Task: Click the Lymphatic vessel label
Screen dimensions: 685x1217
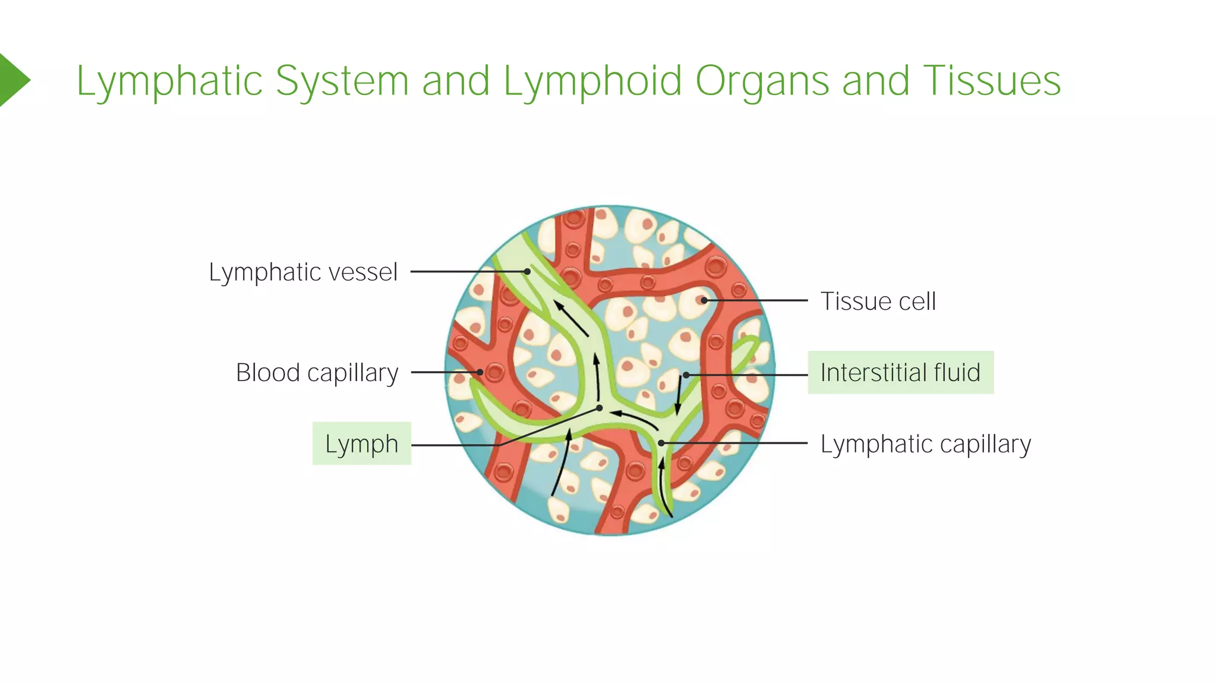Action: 302,272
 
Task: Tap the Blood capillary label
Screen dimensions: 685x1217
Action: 317,373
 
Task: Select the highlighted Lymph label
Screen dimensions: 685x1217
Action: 361,444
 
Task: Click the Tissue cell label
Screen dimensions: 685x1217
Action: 878,301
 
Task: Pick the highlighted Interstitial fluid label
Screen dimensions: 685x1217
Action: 900,373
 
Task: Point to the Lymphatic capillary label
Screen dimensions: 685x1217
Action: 925,444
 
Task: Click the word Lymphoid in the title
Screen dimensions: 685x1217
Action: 592,81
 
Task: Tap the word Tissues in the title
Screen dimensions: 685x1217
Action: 991,81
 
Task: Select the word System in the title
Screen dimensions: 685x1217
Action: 342,81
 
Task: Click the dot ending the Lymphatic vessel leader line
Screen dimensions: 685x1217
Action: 527,272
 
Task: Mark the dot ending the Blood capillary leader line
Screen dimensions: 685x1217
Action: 480,372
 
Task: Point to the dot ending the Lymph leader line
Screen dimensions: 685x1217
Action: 600,408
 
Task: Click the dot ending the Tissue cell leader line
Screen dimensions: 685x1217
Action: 704,300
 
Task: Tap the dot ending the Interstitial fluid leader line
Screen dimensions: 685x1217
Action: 686,375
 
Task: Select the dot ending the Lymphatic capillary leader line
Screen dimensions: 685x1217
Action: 661,443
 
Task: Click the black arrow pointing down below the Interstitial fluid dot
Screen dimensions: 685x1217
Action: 678,396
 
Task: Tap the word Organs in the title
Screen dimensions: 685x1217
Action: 762,81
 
